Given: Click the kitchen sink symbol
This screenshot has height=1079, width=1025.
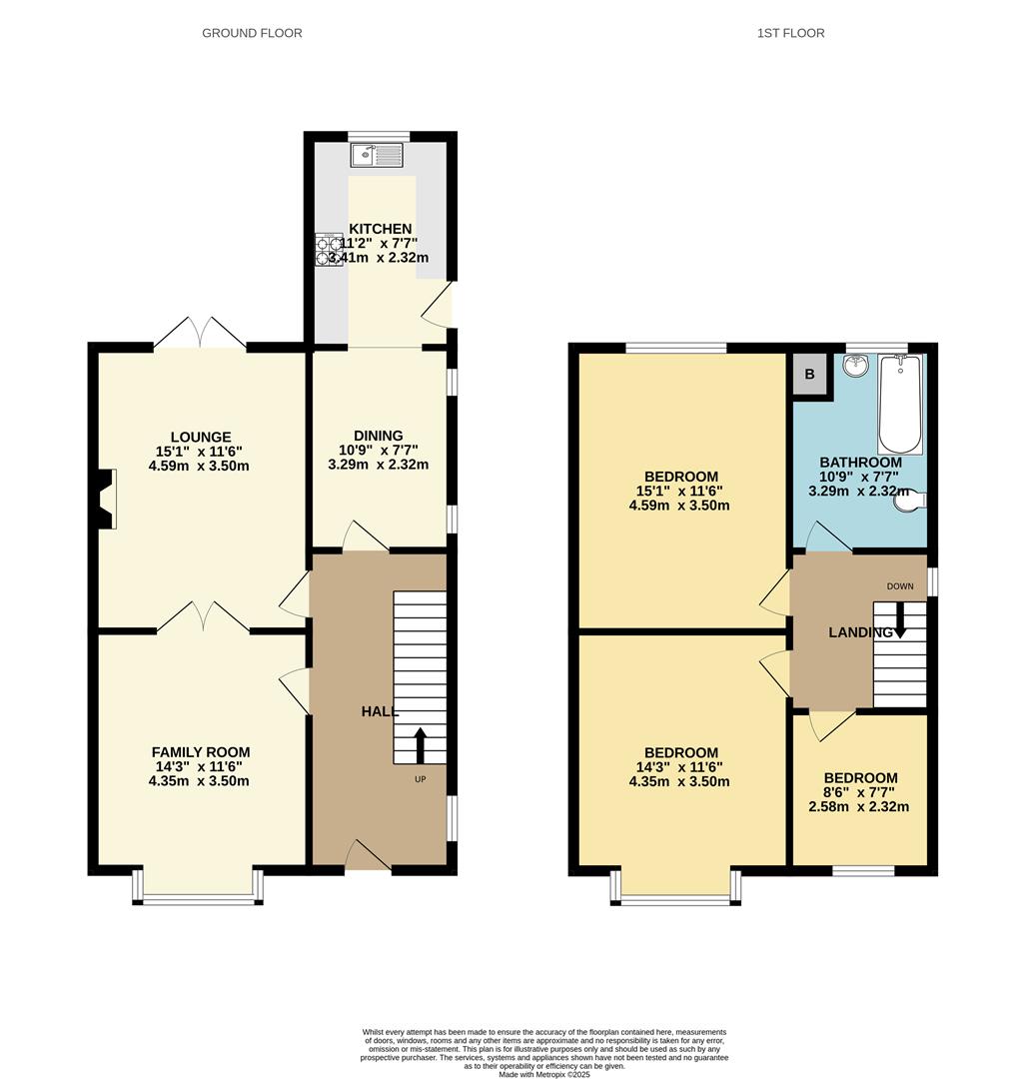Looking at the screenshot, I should coord(376,155).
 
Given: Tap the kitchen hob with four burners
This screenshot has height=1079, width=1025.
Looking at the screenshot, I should coord(329,250).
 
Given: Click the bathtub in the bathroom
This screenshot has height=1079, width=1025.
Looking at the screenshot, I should coord(899,403).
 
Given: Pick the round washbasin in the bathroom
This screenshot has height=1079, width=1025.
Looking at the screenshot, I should coord(856,367).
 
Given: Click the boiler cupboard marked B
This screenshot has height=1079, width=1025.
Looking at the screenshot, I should coord(809,376).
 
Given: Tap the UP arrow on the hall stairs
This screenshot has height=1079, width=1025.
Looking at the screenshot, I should coord(420,744).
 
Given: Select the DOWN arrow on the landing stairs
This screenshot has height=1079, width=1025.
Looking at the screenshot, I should coord(899,619).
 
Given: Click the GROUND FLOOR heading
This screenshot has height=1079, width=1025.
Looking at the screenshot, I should coord(252,33).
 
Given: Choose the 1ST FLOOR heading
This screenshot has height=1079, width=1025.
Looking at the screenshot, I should coord(790,33).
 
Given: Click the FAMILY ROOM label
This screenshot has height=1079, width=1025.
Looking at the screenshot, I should coord(200,752).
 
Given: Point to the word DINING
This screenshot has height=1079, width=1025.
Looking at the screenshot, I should coord(378,436).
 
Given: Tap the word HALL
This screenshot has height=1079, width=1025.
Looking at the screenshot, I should coord(380,711).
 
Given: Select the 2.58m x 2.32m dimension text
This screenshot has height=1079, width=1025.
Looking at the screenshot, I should coord(859,806).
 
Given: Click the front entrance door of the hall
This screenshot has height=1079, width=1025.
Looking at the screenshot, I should coord(368,856).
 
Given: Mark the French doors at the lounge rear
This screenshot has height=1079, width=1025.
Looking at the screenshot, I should coord(200,334).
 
